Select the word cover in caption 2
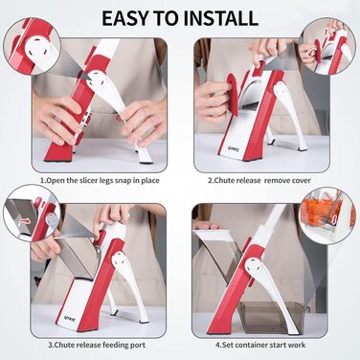click(x=301, y=181)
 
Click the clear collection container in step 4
click(x=271, y=317)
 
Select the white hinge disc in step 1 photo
click(x=99, y=81)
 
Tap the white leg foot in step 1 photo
click(x=146, y=156)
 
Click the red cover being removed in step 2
click(x=232, y=94)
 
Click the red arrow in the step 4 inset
click(x=334, y=220)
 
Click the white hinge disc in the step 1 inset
click(x=39, y=50)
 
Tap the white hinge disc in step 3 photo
click(x=120, y=260)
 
